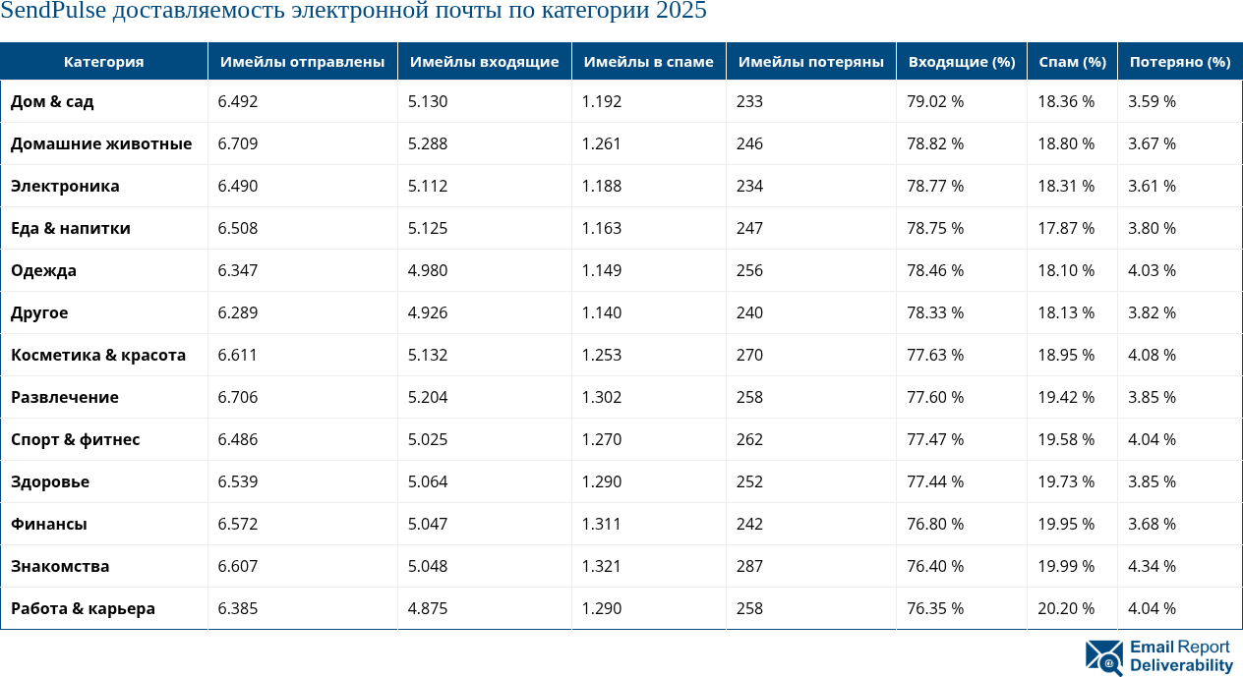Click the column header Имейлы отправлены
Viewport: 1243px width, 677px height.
click(302, 62)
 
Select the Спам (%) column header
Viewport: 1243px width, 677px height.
click(1072, 62)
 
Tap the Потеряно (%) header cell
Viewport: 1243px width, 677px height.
click(1179, 62)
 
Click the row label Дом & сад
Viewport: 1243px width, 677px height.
click(52, 101)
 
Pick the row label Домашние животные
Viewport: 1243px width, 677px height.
click(101, 143)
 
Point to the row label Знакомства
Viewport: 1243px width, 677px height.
click(60, 566)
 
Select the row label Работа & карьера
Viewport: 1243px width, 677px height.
click(83, 608)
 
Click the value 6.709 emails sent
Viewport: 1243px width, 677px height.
click(237, 143)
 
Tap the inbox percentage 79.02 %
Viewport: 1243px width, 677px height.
click(934, 101)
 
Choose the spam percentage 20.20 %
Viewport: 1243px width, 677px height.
click(1066, 608)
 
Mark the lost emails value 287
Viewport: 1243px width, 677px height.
click(749, 566)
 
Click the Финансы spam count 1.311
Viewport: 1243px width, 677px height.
click(601, 524)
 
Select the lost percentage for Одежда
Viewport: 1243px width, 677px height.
click(1152, 270)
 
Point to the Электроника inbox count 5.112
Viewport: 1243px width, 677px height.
click(428, 186)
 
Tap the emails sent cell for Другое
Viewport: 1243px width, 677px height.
click(237, 312)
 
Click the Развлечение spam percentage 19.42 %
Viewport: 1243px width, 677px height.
click(1066, 397)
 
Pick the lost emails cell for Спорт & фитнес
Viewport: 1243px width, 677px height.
click(749, 439)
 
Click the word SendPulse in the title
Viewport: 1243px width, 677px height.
click(52, 12)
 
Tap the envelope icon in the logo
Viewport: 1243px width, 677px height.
click(1104, 657)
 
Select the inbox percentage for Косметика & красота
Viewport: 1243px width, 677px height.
click(934, 355)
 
